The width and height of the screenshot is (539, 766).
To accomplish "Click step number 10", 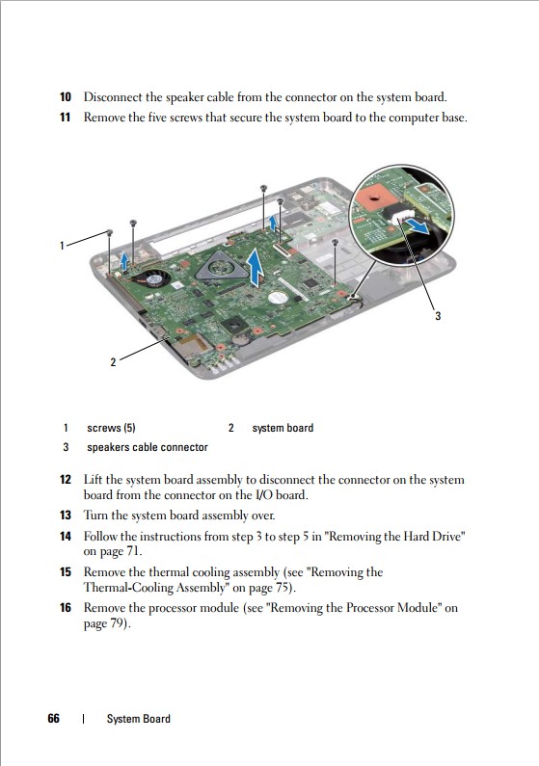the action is (66, 96).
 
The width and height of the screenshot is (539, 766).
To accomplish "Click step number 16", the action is (66, 608).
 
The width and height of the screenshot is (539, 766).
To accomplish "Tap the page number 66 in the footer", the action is (54, 718).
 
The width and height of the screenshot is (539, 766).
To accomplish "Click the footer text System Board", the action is (139, 719).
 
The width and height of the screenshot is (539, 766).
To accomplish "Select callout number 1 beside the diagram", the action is (62, 246).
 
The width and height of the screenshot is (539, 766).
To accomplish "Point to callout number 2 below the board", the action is (114, 362).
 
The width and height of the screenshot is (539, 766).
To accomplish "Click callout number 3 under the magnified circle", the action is (438, 316).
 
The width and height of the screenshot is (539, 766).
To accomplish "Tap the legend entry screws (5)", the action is (111, 428).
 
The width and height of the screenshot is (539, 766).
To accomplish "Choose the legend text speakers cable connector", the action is (148, 447).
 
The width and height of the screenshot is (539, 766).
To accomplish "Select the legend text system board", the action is (283, 428).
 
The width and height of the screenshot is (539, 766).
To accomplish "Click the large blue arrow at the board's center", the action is (255, 267).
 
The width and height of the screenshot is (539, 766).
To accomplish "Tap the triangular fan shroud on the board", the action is (221, 266).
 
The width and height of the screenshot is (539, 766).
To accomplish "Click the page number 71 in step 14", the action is (132, 551).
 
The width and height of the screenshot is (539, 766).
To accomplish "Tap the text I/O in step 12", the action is (264, 495).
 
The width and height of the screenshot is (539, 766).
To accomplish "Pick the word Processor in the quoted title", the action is (369, 608).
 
